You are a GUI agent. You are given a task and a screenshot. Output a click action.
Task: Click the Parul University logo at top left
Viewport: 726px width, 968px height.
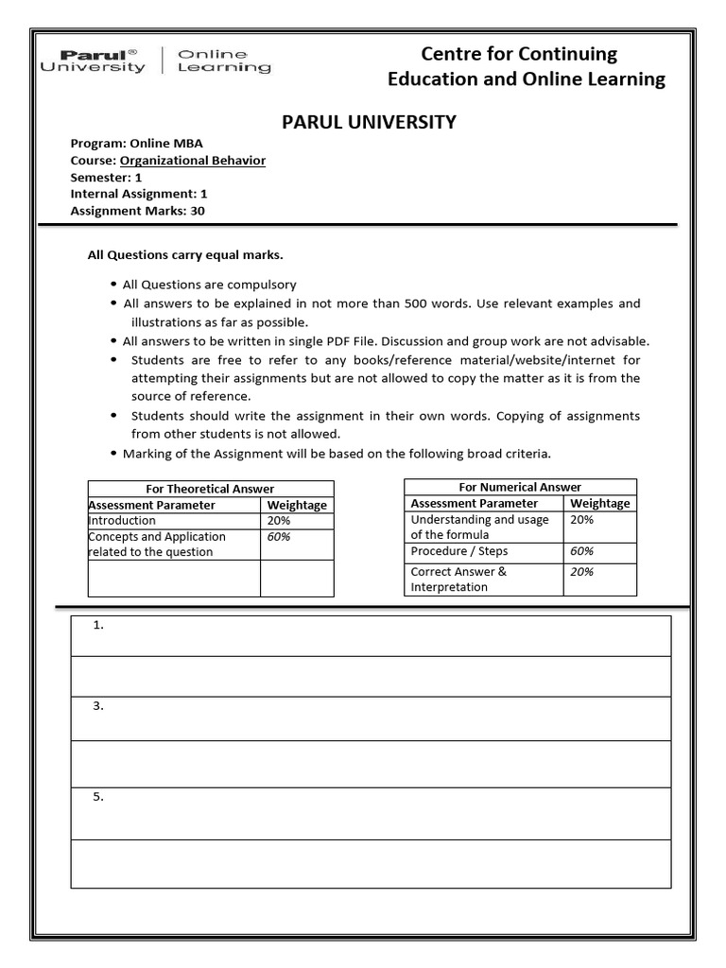coord(94,61)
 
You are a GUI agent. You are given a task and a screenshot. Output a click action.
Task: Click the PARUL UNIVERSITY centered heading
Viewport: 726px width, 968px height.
coord(371,122)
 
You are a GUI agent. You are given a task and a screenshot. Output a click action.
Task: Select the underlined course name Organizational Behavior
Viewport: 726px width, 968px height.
coord(193,161)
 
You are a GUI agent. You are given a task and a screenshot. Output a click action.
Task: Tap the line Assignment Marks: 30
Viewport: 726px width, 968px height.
coord(137,211)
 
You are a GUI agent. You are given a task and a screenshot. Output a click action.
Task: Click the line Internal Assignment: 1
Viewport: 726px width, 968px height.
coord(139,194)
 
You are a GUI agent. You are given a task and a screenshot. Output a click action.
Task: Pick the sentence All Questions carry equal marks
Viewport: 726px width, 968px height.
coord(185,255)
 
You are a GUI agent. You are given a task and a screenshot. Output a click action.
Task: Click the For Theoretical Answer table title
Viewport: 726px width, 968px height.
coord(210,489)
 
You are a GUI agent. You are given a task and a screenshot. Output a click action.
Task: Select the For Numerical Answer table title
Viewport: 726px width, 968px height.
coord(520,487)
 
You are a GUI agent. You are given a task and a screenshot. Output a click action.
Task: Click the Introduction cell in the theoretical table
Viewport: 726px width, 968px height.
coord(123,521)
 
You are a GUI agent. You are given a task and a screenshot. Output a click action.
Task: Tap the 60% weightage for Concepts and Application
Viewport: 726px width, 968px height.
coord(279,537)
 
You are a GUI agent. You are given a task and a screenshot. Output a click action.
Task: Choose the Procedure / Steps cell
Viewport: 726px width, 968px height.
coord(459,551)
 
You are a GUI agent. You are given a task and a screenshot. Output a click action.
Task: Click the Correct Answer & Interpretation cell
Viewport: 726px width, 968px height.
coord(459,579)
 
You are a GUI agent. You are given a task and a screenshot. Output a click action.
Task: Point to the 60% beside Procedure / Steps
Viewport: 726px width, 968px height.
coord(582,551)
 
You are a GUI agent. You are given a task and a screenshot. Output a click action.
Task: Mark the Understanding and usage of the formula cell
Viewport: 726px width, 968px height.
coord(479,527)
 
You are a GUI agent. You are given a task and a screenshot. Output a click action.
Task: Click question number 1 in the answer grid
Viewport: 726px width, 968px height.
coord(98,626)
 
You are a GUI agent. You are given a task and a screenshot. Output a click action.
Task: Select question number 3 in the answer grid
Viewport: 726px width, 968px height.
coord(98,707)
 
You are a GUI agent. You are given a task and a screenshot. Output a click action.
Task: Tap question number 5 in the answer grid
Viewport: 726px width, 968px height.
coord(98,797)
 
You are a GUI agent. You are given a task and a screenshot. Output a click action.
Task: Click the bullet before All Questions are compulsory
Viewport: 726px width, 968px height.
coord(113,285)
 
